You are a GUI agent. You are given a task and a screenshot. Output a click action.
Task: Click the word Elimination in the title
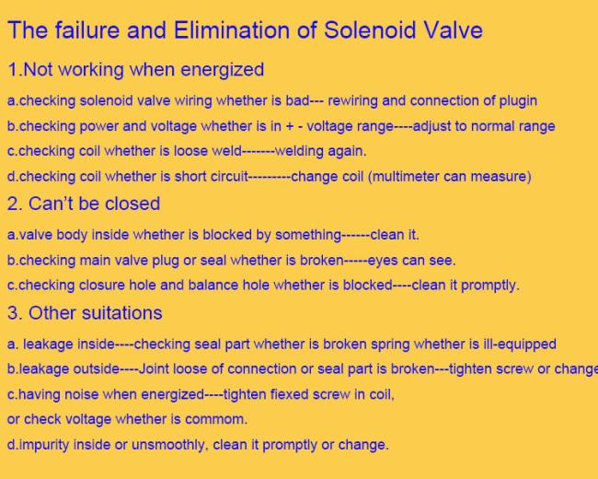coord(232,29)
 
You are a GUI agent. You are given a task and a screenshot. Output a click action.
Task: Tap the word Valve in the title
coord(454,29)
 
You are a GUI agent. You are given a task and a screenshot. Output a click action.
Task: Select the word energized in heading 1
coord(222,70)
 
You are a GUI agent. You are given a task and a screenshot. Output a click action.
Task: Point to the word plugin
coord(518,101)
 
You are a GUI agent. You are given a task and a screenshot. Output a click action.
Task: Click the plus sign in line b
coord(290,126)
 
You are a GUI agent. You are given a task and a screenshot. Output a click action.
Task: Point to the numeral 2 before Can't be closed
coord(13,204)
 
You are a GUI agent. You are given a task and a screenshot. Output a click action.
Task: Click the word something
coord(308,235)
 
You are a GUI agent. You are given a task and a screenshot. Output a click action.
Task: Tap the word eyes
coord(383,261)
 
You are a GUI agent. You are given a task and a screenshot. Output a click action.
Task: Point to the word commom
coord(216,419)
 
